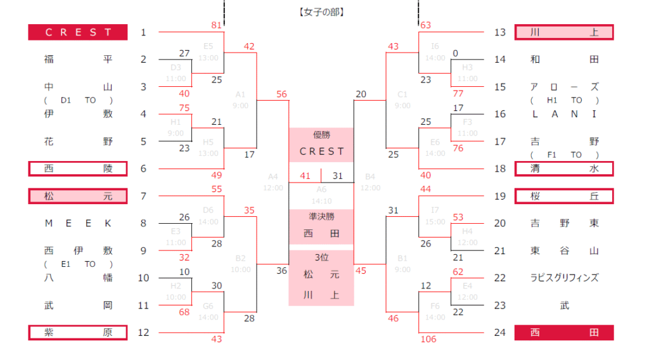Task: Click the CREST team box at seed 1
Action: (x=77, y=32)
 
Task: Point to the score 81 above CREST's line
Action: (x=217, y=25)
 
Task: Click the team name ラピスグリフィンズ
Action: (x=564, y=278)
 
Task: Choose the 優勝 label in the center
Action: (x=321, y=134)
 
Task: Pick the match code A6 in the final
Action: (x=321, y=189)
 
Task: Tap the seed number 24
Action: (x=500, y=333)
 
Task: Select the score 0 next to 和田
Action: (x=456, y=53)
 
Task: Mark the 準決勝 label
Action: (x=321, y=216)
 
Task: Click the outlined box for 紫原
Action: (x=77, y=333)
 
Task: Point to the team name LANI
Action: (x=564, y=114)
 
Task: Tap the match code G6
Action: (x=209, y=306)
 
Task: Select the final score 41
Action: (x=305, y=176)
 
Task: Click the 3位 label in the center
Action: (x=321, y=257)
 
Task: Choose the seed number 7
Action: (x=143, y=196)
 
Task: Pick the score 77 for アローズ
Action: (x=458, y=93)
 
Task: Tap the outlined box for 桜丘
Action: (x=564, y=196)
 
